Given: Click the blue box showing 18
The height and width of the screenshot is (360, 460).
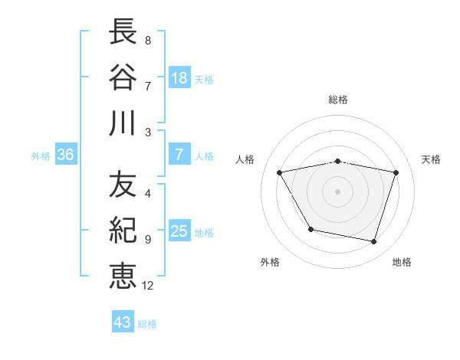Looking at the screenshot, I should pos(179,77).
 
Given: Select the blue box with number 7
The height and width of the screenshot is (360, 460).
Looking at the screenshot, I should pos(179,155).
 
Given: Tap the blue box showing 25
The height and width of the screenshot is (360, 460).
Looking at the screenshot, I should pos(179,231).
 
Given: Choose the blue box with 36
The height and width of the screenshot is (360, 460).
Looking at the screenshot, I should pos(66,155).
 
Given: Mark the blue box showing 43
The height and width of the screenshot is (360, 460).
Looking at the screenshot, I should pos(123,322).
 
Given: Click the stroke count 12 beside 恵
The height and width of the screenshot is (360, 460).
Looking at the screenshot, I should pos(148,286).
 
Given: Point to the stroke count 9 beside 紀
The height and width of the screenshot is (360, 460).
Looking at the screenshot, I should pos(147,240).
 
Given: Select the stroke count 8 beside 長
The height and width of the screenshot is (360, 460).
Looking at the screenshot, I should pos(147,41).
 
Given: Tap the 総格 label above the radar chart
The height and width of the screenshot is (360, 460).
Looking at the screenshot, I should pos(338,100).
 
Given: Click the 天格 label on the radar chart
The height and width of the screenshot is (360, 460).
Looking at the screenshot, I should pos(431,159).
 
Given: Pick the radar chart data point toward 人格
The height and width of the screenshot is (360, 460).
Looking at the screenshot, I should pos(280,173).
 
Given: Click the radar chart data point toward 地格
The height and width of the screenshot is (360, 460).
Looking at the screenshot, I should pos(373,242).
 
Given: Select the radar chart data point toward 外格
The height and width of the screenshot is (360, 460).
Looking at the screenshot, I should pos(310,229).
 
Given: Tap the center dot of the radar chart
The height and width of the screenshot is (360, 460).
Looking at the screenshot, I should pos(338,191).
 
